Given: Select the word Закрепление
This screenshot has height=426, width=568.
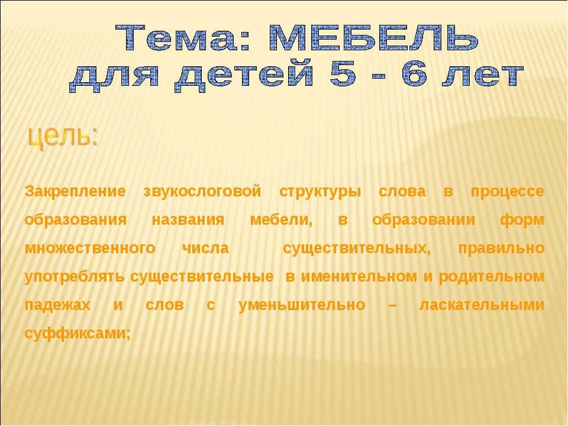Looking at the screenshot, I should [76, 192].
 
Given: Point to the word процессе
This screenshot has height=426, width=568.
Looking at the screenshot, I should [507, 192].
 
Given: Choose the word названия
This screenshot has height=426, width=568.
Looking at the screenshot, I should [188, 220].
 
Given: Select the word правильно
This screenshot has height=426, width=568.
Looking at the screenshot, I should [501, 248].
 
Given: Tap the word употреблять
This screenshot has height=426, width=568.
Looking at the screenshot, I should [75, 277].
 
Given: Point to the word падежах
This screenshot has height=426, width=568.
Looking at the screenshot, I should [58, 305].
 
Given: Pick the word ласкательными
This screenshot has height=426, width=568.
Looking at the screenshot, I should [481, 305].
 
